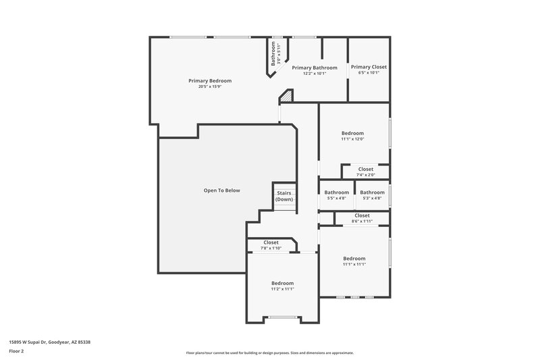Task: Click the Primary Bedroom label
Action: point(209,80)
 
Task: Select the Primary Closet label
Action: point(369,67)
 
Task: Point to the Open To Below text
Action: point(221,190)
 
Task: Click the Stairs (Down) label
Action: point(284,196)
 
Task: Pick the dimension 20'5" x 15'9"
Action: point(209,86)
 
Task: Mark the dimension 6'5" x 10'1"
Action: point(369,73)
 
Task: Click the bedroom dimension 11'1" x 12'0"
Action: point(352,139)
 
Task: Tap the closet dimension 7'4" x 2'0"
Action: point(365,175)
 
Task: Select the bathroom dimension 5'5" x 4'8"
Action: point(336,198)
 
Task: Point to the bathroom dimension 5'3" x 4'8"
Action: point(372,198)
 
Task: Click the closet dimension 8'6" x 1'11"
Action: point(362,221)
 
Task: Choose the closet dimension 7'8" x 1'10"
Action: point(271,248)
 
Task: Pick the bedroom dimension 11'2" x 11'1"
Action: point(282,289)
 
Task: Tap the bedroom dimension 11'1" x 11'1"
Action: point(354,264)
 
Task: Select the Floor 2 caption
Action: point(16,351)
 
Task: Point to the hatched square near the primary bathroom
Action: point(287,97)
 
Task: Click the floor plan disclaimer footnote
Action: point(269,353)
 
